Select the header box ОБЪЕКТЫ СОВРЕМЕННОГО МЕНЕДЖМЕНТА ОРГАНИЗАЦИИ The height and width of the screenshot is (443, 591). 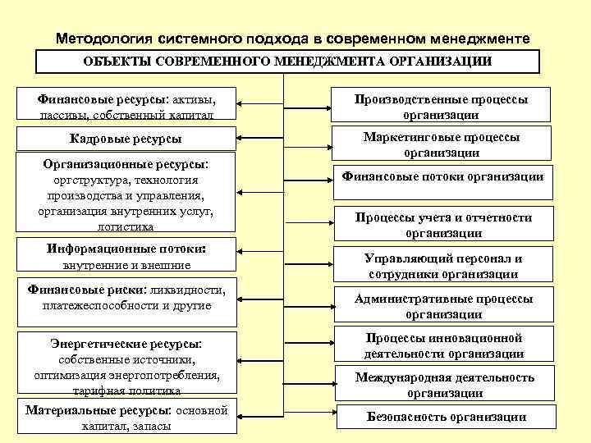[x=287, y=62]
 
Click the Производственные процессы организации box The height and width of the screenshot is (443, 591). [x=442, y=107]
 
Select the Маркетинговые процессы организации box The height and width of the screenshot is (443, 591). [x=442, y=144]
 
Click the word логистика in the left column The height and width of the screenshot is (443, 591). [x=126, y=226]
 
